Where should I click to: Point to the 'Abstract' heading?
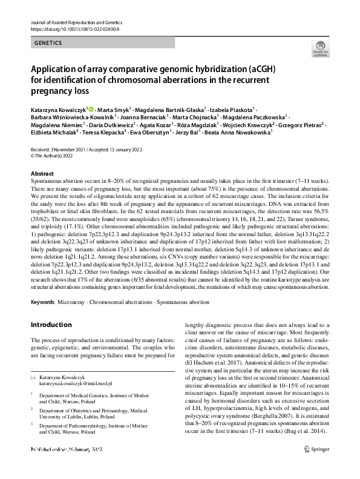(x=42, y=173)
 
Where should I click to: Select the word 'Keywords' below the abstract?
(x=42, y=301)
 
